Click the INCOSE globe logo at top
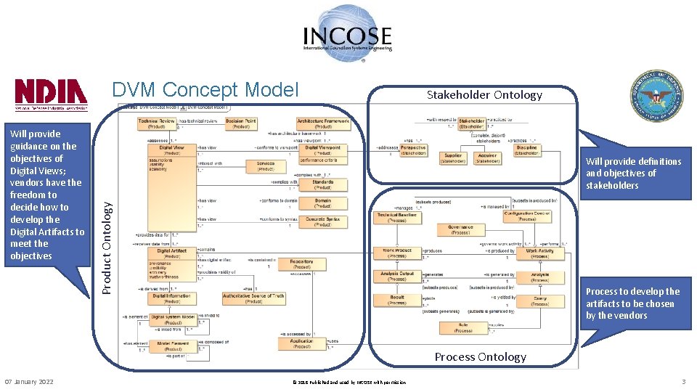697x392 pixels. point(348,33)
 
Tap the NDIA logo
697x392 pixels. point(51,94)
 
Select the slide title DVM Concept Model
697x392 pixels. point(205,89)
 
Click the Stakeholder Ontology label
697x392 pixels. point(474,95)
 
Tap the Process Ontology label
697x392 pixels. point(480,356)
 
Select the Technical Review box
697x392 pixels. point(157,123)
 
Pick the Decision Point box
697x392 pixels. point(241,123)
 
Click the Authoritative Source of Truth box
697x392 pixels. point(253,298)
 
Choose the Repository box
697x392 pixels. point(301,264)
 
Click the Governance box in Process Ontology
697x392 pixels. point(460,229)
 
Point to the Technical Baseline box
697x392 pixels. point(396,216)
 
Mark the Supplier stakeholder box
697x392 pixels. point(453,158)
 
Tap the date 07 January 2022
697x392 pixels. point(28,382)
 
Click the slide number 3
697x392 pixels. point(683,382)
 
